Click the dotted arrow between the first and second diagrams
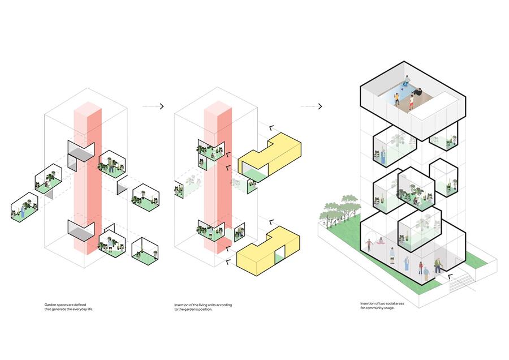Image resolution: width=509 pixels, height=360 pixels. coord(153,106)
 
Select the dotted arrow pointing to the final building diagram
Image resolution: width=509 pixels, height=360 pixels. coord(311,106)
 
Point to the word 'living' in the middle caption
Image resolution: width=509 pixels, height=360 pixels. coord(203,305)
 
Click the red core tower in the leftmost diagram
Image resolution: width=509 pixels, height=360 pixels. coord(88,178)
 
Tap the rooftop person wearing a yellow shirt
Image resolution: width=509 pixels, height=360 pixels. coord(396,98)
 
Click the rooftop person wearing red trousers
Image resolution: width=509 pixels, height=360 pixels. coord(411,101)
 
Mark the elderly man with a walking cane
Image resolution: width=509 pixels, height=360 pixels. coord(438,265)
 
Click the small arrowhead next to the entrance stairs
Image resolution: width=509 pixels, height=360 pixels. coord(450,277)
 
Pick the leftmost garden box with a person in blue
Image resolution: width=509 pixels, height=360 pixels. coord(24,207)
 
